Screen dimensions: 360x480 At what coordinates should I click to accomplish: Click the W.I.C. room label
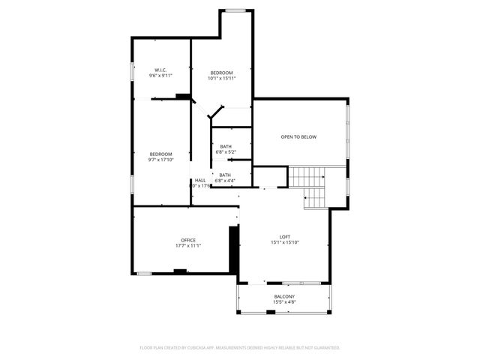160,70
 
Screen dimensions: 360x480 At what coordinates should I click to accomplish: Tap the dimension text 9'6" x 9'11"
160,76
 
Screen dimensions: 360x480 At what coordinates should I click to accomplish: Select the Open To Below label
298,137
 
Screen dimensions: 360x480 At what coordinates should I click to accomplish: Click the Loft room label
285,237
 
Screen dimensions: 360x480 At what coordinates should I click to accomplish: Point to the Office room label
187,240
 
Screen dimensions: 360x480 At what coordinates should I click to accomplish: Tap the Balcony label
284,297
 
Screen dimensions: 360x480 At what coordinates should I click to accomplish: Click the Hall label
200,180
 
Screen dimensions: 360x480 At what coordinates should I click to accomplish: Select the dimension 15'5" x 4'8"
284,303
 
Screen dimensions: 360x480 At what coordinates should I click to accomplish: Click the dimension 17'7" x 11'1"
187,246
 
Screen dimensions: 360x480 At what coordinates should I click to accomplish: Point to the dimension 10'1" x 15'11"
221,78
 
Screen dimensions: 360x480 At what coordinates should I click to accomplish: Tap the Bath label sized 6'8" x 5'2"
226,146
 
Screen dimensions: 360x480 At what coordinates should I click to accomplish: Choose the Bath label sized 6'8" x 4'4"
225,175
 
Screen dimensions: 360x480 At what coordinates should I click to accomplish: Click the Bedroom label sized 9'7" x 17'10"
160,154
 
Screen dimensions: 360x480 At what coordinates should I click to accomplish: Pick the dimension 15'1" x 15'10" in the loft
285,243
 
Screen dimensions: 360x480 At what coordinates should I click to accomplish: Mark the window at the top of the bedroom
235,10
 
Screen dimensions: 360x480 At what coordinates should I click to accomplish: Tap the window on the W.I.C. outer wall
133,71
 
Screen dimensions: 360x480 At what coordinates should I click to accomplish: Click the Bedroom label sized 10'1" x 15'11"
221,72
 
